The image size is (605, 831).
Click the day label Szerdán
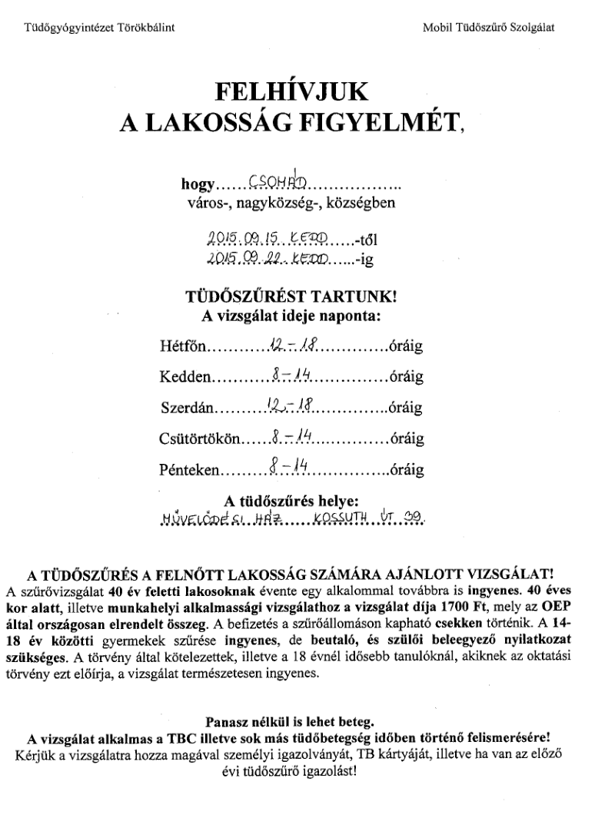click(188, 406)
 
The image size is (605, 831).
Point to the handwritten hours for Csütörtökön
click(290, 438)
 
